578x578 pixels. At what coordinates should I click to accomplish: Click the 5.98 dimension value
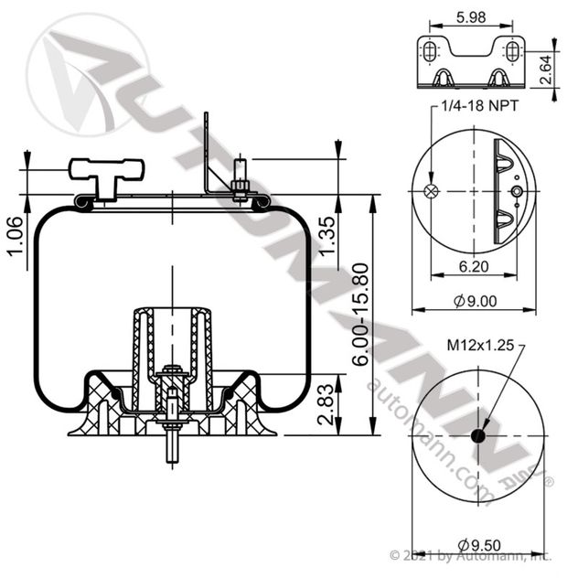(470, 16)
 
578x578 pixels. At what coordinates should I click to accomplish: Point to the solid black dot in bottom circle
(477, 435)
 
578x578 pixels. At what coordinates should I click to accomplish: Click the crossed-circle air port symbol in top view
(433, 191)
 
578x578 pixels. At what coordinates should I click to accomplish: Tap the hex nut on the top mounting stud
(241, 189)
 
